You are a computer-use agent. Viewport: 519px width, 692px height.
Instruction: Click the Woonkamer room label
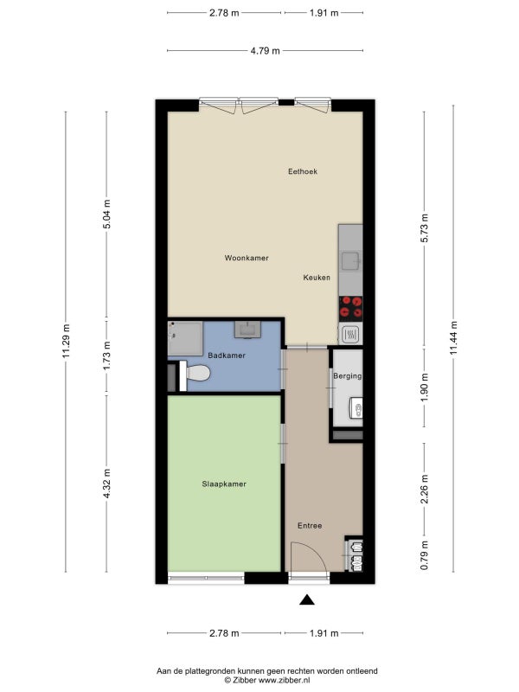coord(247,258)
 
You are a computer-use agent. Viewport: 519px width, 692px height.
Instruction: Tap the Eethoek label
coord(303,171)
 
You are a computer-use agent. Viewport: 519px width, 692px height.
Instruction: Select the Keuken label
coord(317,278)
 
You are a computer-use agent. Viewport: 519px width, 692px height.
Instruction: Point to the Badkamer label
coord(227,356)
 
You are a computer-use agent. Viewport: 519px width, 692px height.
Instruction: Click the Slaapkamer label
coord(224,484)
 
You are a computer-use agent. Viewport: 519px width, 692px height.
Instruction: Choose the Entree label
coord(310,526)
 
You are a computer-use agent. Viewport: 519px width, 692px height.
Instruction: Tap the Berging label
coord(348,376)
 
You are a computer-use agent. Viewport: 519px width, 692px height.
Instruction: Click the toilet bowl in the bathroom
coord(198,374)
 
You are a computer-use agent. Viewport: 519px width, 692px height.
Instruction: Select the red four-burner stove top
coord(351,308)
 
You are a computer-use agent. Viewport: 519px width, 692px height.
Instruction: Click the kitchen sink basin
coord(351,261)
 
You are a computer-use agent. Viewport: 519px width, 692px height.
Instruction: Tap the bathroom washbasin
coord(247,330)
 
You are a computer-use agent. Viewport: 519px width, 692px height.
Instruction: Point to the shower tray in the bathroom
coord(185,338)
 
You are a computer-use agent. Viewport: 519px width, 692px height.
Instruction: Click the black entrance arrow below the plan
coord(307,599)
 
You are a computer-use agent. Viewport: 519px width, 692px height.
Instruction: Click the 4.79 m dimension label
coord(266,51)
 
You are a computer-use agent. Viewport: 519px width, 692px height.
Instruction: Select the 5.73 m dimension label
coord(425,227)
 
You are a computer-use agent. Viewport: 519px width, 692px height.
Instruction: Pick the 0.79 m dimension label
coord(425,554)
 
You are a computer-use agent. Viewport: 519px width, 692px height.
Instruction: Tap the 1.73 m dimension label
coord(106,356)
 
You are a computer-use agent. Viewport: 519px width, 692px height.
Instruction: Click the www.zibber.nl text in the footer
coord(284,680)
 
